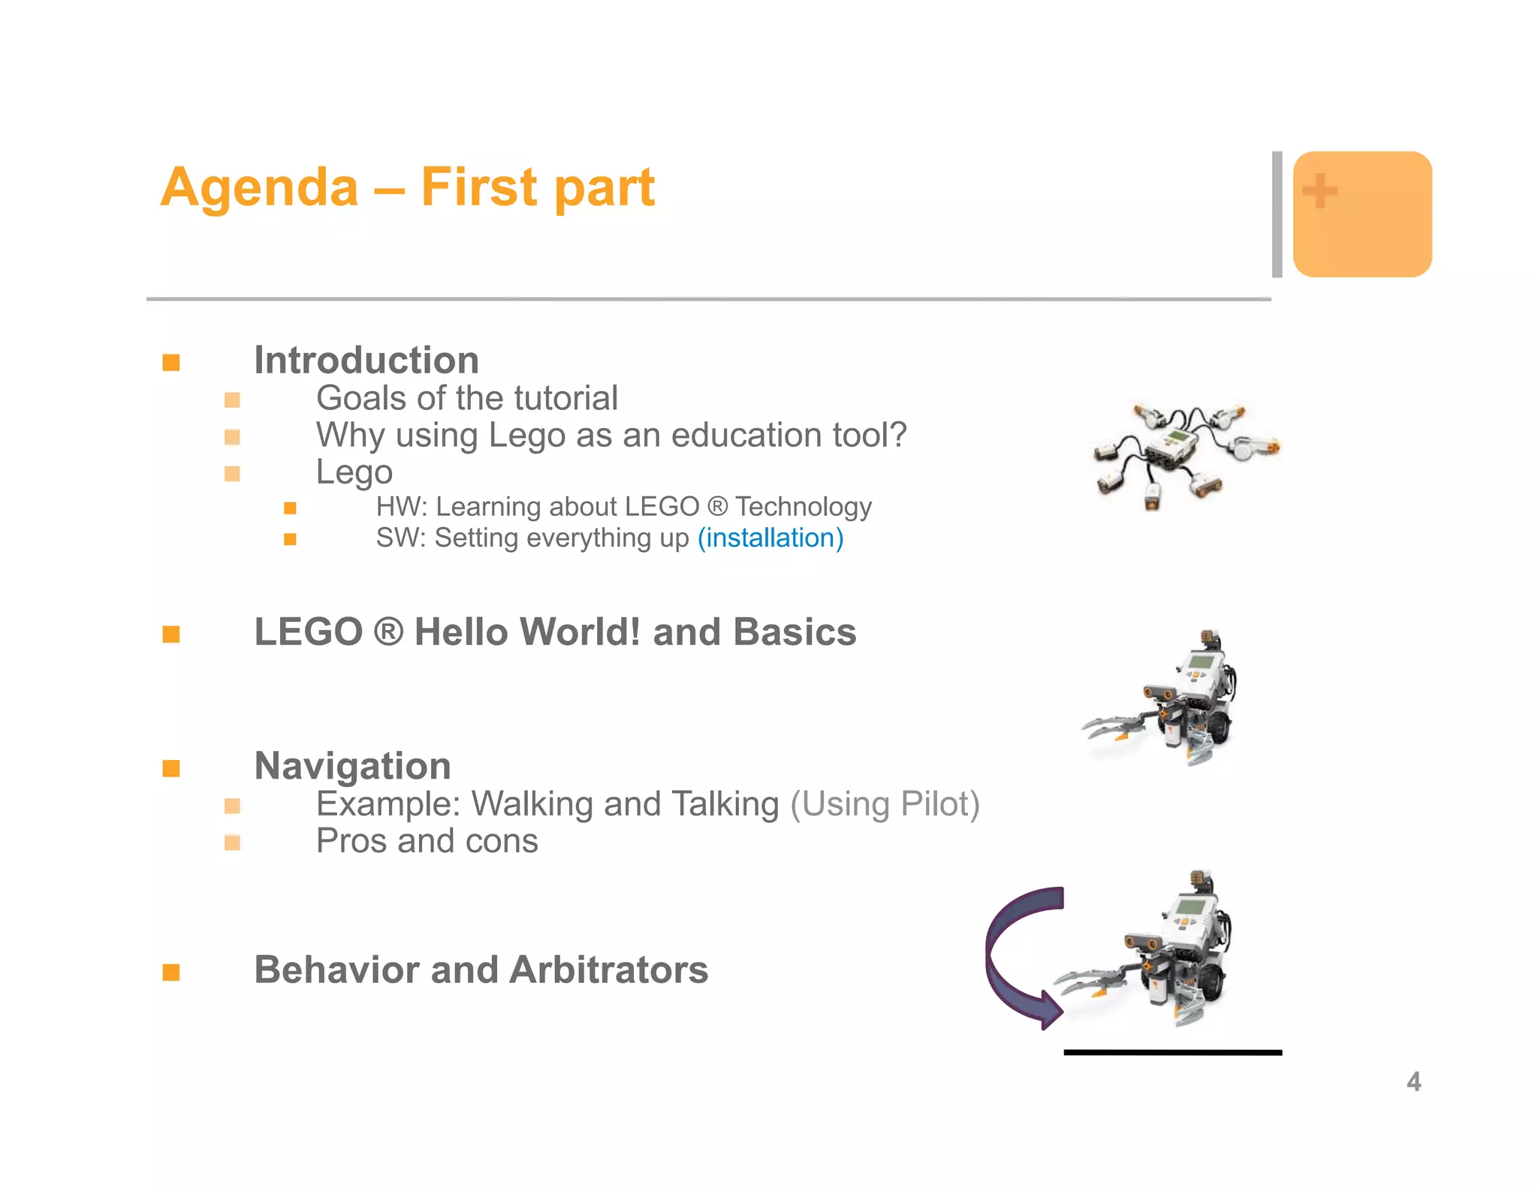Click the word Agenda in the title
[259, 187]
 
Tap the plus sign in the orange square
[1319, 191]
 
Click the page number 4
[1413, 1081]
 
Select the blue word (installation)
[771, 538]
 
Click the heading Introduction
[366, 360]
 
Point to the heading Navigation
[353, 766]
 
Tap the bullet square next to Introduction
[171, 363]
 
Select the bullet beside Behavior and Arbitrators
[171, 972]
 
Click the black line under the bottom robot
[1172, 1053]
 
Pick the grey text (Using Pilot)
[885, 804]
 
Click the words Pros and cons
[427, 841]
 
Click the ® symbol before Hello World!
[388, 632]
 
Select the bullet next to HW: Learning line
[290, 508]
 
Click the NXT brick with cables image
[1184, 454]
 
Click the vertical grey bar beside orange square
[1277, 214]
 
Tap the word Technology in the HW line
[803, 507]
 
